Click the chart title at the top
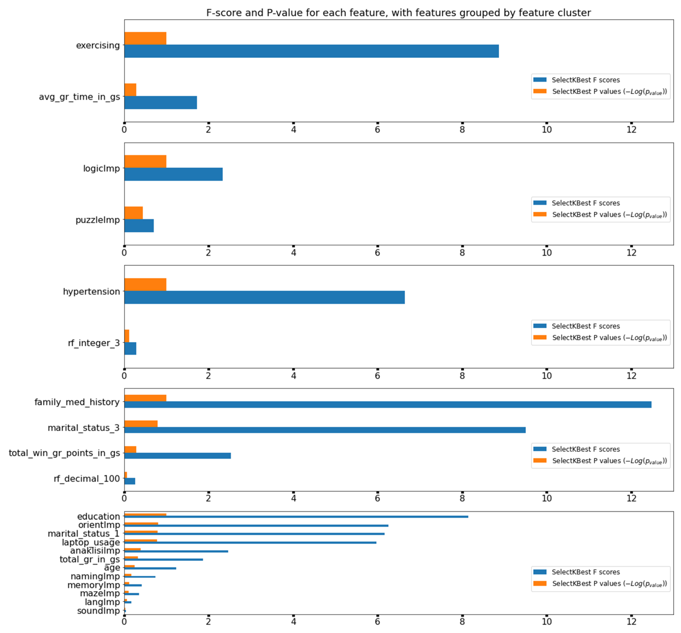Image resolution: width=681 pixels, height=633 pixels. tap(398, 13)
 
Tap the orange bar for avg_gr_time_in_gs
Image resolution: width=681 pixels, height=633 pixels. tap(130, 90)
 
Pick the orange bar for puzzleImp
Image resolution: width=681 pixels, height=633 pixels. tap(133, 213)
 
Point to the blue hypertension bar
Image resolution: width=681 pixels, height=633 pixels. tap(264, 297)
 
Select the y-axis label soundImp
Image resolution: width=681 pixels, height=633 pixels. tap(98, 611)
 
